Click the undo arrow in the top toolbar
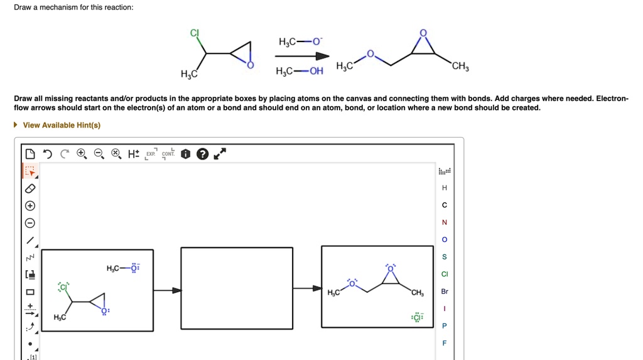[48, 154]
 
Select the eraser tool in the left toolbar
[30, 188]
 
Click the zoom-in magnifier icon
[82, 154]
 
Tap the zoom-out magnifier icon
[99, 154]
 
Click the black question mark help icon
[202, 155]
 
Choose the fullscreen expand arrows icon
[219, 154]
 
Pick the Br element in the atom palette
[445, 292]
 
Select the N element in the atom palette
[445, 222]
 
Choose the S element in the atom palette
[445, 257]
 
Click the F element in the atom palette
[445, 343]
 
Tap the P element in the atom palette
[445, 326]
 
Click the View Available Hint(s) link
[61, 125]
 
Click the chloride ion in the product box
[418, 317]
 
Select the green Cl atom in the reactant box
[63, 287]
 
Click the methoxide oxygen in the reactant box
[134, 268]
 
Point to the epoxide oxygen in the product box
[391, 268]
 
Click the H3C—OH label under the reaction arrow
[300, 71]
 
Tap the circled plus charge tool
[30, 206]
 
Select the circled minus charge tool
[30, 223]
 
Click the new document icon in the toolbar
[30, 154]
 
